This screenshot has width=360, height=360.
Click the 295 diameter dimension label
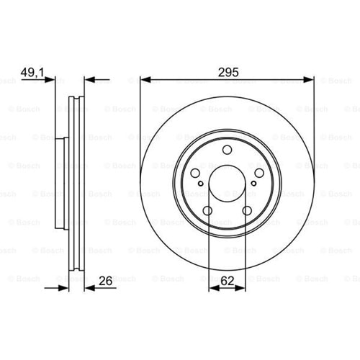228,72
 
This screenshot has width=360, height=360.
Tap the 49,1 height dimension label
32,72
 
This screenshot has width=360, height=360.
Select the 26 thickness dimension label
105,281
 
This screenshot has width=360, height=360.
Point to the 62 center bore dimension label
227,281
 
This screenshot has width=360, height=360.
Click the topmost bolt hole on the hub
227,150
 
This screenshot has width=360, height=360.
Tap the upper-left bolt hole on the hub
195,173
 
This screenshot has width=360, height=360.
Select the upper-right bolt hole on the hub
259,173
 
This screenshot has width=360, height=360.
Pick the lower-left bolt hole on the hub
207,211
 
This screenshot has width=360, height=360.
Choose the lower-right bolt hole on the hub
247,211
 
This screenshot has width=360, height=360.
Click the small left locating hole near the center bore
201,184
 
